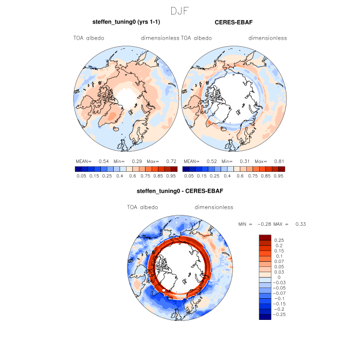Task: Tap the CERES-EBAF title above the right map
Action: click(x=233, y=22)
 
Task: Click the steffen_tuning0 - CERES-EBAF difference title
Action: click(x=179, y=191)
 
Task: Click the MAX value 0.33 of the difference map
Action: click(x=300, y=224)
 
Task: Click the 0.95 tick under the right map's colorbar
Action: click(x=279, y=176)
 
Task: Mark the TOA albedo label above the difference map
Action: click(x=142, y=207)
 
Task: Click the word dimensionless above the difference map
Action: click(x=214, y=207)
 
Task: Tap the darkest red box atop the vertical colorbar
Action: click(x=265, y=237)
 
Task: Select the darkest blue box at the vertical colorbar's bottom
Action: click(x=265, y=316)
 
